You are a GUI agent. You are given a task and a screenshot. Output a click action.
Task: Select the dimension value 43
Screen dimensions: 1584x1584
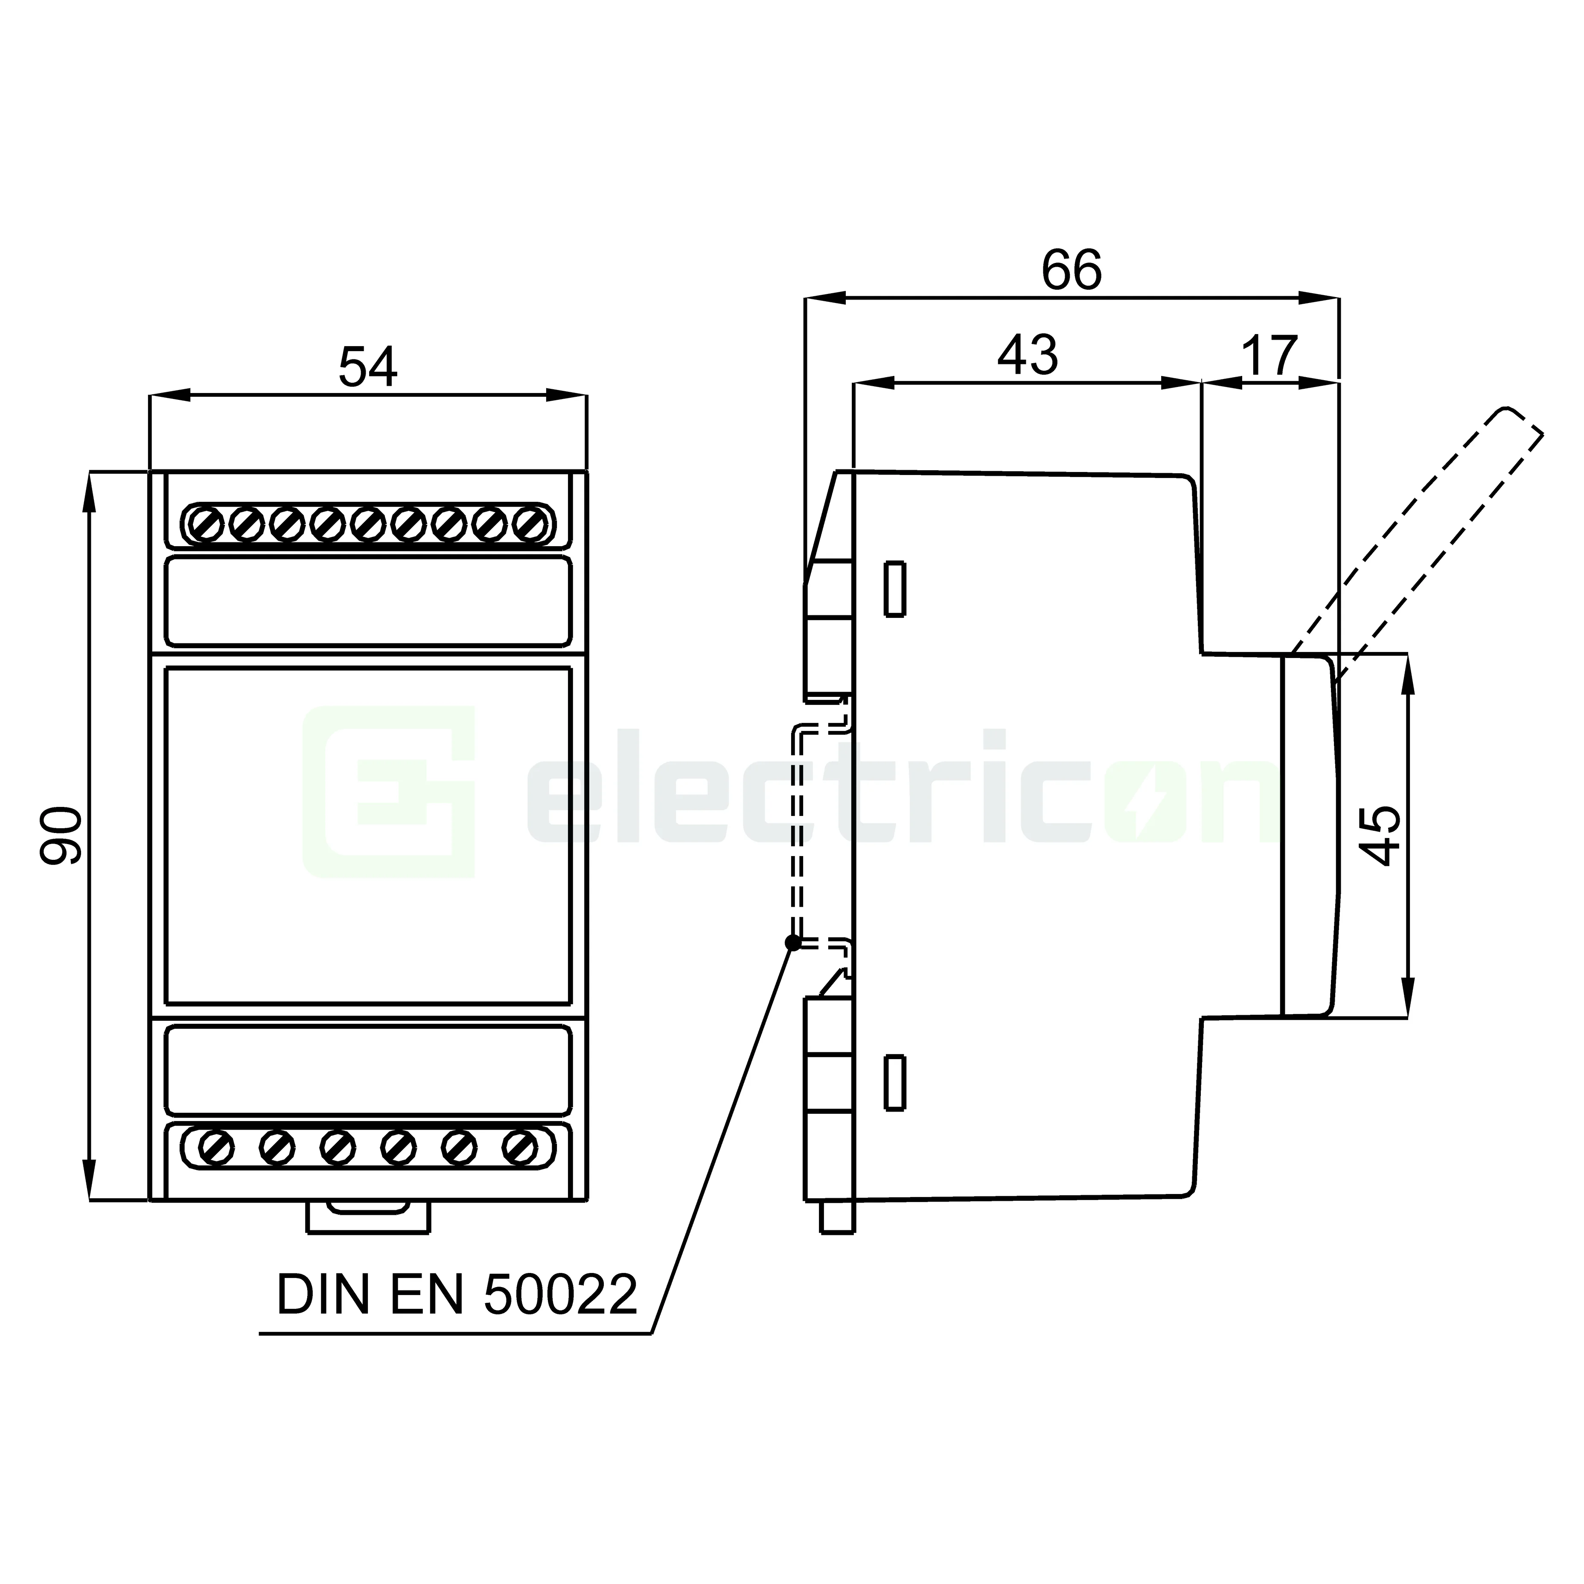[x=1027, y=355]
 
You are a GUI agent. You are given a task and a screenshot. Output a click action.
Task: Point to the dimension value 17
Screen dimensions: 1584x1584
[x=1269, y=355]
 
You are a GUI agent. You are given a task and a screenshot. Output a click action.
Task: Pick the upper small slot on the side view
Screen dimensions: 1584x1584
[x=894, y=589]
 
